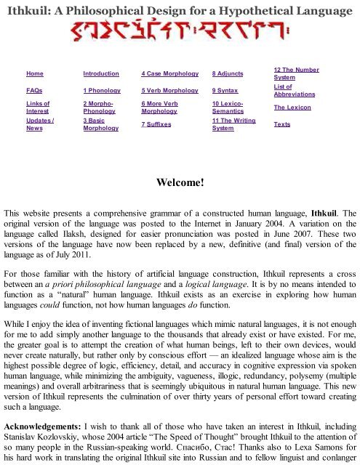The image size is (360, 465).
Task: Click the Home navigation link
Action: tap(34, 74)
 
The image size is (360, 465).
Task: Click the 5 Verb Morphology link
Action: tap(172, 92)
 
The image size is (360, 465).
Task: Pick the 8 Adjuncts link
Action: tap(228, 74)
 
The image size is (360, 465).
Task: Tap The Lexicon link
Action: tap(292, 108)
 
